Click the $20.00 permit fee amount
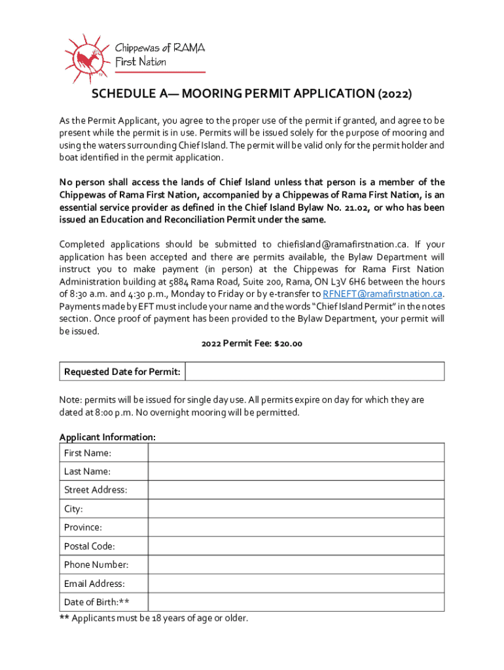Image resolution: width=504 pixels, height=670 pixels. [x=287, y=344]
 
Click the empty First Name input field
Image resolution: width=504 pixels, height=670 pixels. [x=296, y=453]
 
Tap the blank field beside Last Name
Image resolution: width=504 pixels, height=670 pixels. [x=296, y=471]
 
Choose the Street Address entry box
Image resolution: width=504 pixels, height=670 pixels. [x=296, y=489]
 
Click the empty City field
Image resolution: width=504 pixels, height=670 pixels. [x=296, y=508]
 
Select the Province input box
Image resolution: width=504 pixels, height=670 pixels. [x=296, y=527]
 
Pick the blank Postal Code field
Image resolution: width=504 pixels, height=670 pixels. [x=296, y=546]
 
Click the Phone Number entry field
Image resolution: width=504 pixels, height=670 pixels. [x=296, y=564]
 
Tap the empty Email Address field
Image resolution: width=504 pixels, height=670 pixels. [x=296, y=583]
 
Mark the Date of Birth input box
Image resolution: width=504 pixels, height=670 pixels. [x=296, y=602]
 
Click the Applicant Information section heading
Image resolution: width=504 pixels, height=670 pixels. [x=107, y=436]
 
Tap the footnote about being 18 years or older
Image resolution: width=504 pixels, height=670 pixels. [x=154, y=618]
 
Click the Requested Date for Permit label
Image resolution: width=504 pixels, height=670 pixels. [x=122, y=372]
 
